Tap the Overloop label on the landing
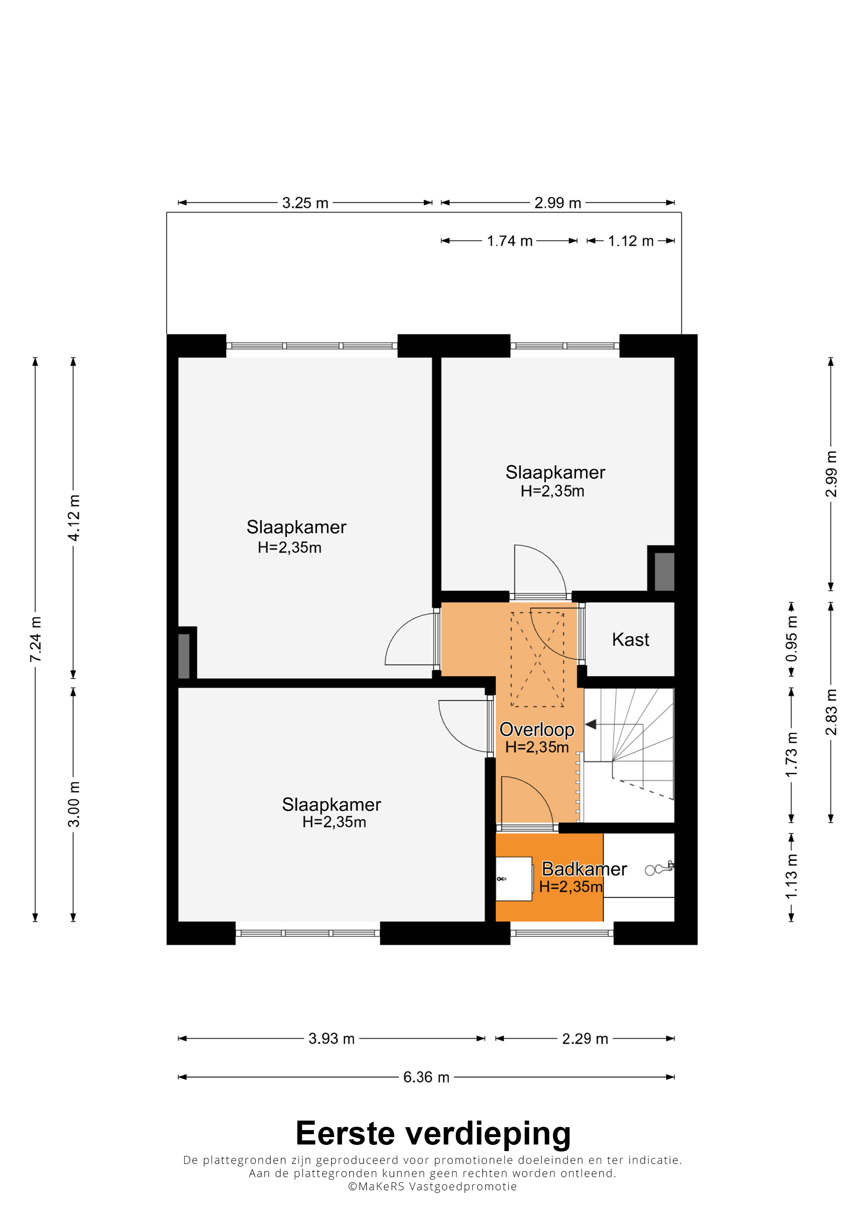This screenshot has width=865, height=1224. click(537, 729)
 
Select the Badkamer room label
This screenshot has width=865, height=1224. click(584, 869)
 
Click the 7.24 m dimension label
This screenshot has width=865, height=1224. click(35, 639)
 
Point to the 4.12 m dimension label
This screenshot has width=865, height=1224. click(74, 517)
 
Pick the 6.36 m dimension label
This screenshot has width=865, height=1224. click(426, 1077)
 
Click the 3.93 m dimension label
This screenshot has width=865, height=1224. click(331, 1039)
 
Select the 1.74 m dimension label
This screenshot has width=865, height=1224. click(510, 241)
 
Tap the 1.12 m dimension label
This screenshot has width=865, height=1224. click(631, 241)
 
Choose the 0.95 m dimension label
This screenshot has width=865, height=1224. click(791, 639)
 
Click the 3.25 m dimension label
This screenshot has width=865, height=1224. click(305, 203)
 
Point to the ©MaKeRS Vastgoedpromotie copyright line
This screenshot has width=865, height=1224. click(432, 1186)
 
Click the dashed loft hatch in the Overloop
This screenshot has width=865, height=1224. click(537, 660)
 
